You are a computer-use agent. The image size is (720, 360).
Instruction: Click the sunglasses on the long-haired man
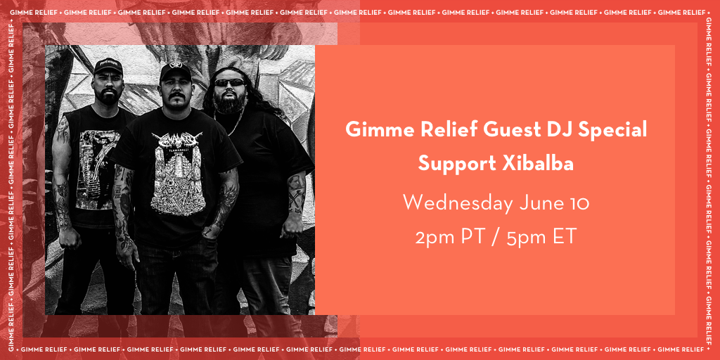pos(230,82)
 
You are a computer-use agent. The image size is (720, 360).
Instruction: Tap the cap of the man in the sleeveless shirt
pos(108,67)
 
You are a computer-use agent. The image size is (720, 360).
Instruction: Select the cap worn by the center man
pos(175,71)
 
